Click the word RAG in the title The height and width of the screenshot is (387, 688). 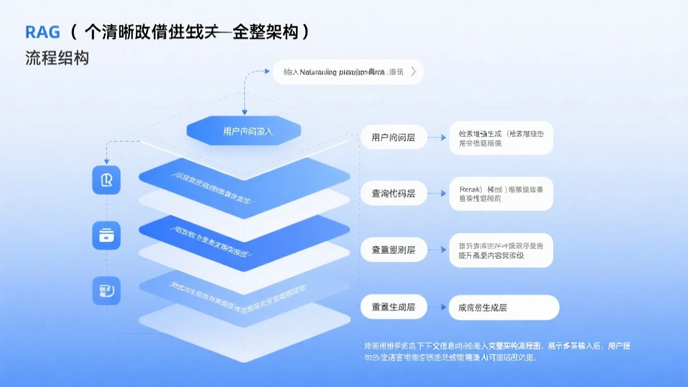(42, 32)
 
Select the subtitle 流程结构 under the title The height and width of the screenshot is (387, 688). (57, 58)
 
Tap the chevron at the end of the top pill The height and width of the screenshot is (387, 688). (413, 72)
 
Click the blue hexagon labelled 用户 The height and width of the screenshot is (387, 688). (244, 131)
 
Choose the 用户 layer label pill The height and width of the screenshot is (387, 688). (393, 138)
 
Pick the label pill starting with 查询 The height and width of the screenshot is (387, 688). (393, 194)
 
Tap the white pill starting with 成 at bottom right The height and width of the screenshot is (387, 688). (503, 307)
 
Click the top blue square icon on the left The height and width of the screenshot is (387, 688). (107, 180)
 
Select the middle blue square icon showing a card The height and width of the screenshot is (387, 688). (107, 236)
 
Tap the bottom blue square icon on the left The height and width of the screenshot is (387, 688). (107, 291)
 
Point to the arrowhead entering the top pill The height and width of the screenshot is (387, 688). (267, 72)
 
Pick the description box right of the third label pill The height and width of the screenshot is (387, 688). (501, 250)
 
